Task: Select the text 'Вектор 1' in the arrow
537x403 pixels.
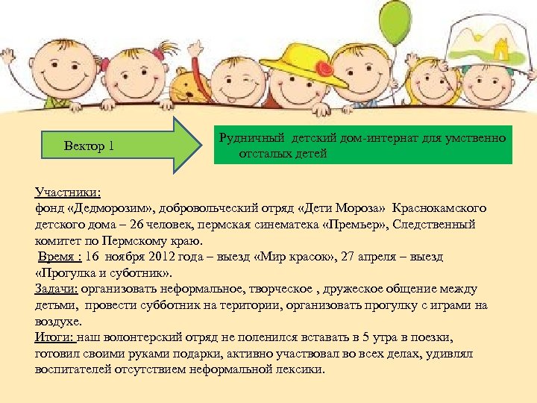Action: tap(89, 145)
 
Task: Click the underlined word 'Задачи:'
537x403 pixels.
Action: tap(57, 289)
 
